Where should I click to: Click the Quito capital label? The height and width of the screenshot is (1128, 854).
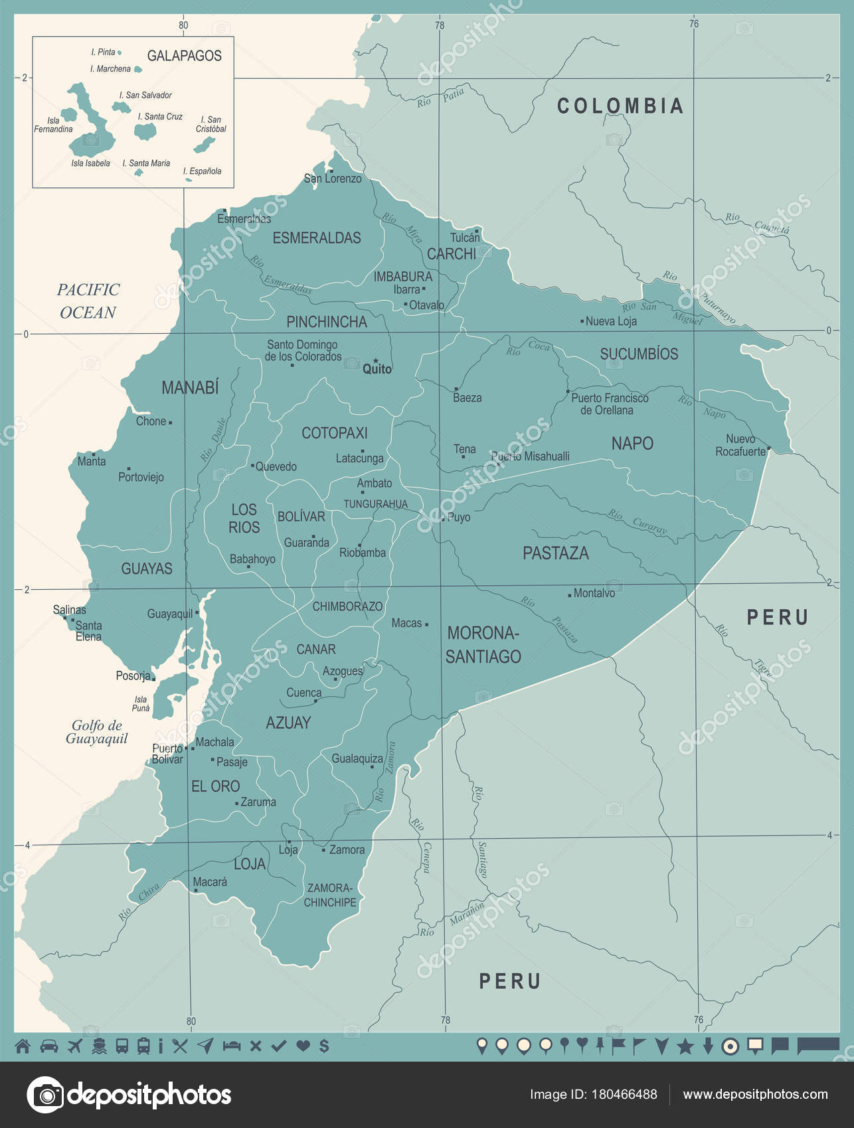tap(377, 369)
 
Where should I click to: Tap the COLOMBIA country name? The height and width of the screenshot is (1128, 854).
tap(620, 106)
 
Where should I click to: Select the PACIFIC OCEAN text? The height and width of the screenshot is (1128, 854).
tap(88, 301)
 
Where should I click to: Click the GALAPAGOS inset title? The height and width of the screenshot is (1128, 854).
tap(184, 56)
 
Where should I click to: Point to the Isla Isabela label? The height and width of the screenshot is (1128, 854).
tap(90, 163)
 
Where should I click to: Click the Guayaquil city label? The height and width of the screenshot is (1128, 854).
tap(169, 614)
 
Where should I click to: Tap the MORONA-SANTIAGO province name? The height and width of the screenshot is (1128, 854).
tap(483, 644)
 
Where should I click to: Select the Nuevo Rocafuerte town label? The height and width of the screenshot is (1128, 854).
tap(740, 445)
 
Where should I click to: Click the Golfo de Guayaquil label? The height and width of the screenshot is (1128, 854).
tap(96, 732)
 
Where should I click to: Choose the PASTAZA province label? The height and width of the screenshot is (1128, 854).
tap(555, 553)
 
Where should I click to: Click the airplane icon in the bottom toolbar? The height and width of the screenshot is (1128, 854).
tap(74, 1046)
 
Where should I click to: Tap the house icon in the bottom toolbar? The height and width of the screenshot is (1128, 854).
tap(23, 1046)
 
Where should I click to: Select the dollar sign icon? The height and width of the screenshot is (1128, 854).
tap(324, 1046)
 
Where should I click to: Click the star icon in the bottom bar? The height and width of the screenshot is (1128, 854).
tap(685, 1047)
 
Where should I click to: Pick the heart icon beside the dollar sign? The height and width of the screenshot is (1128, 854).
tap(303, 1046)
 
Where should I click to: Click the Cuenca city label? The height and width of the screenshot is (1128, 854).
tap(303, 693)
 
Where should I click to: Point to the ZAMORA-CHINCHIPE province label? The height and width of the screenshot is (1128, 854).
tap(330, 895)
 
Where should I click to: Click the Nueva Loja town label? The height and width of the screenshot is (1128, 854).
tap(611, 321)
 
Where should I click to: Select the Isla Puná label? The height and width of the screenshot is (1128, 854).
tap(141, 703)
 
